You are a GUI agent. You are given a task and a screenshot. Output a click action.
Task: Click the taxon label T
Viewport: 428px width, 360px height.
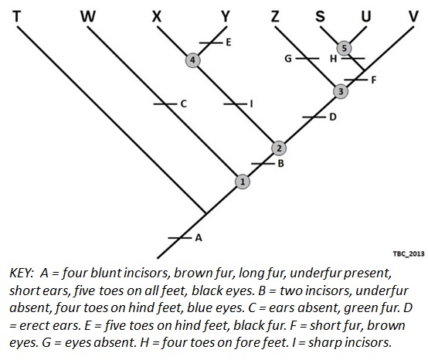point(17,16)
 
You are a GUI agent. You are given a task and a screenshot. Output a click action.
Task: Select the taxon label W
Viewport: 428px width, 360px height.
point(89,16)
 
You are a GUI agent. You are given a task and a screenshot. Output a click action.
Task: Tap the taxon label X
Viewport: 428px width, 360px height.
point(158,16)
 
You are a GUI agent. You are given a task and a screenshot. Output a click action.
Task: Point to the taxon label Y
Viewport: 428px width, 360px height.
point(225,16)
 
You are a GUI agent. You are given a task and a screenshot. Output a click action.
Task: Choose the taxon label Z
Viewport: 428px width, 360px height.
point(276,16)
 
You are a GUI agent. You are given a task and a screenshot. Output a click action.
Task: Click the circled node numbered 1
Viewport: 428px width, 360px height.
point(243,182)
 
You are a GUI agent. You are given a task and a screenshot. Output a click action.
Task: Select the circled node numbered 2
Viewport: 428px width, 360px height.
point(280,148)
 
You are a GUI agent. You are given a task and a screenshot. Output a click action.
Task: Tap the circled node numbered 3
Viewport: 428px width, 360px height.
point(341,92)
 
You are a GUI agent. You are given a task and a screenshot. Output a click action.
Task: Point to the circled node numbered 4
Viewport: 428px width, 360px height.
point(194,59)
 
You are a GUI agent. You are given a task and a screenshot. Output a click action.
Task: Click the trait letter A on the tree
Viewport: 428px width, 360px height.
point(199,238)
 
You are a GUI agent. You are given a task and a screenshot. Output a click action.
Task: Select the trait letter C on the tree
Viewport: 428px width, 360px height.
point(183,103)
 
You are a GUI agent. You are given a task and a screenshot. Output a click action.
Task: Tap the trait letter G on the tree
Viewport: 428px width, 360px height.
point(287,59)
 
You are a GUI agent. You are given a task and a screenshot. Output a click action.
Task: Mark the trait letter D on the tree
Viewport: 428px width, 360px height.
point(332,117)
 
